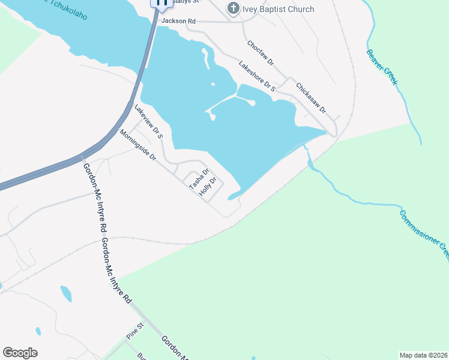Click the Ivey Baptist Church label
click(279, 9)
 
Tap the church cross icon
click(233, 9)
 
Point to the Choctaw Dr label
click(261, 53)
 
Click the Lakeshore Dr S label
click(256, 76)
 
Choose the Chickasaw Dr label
click(310, 98)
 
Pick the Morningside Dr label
click(137, 146)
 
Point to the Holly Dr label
click(207, 187)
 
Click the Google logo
click(20, 353)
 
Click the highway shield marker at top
click(161, 4)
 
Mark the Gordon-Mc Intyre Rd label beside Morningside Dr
click(95, 197)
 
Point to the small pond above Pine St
click(66, 294)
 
